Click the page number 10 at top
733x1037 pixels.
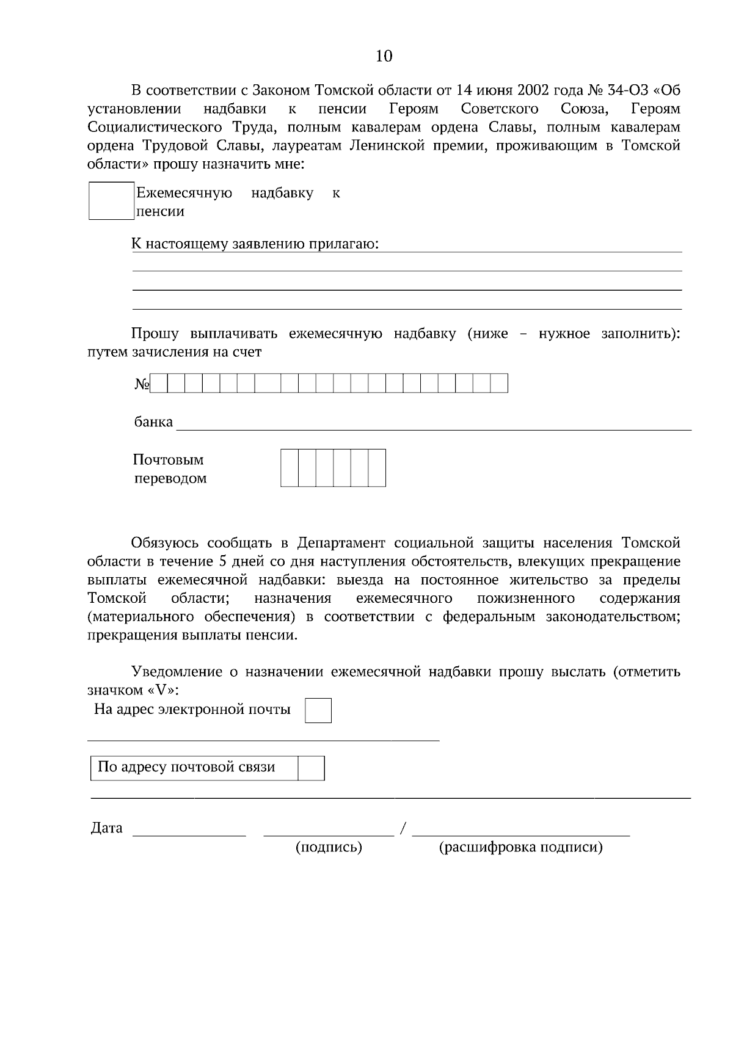point(384,57)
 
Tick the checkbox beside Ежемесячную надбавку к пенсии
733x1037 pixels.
point(111,201)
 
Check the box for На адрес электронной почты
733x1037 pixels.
point(318,711)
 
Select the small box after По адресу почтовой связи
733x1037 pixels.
point(311,768)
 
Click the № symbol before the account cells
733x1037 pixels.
point(142,384)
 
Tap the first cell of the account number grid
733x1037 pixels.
point(159,384)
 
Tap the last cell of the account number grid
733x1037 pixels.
point(499,384)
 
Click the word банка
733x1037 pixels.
point(153,422)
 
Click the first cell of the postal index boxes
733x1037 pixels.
point(290,468)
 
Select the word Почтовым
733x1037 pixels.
point(168,459)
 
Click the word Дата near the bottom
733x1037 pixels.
point(107,828)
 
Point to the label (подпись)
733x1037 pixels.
point(329,847)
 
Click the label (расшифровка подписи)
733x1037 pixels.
point(521,847)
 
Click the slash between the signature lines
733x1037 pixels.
point(403,829)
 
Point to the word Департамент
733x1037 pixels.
point(341,543)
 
